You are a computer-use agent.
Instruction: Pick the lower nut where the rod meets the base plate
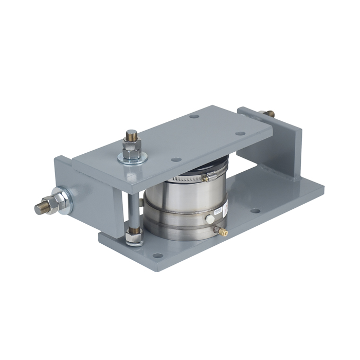pos(134,237)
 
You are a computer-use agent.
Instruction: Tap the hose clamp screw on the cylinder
pos(206,178)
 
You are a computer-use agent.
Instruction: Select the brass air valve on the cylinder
pos(222,231)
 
